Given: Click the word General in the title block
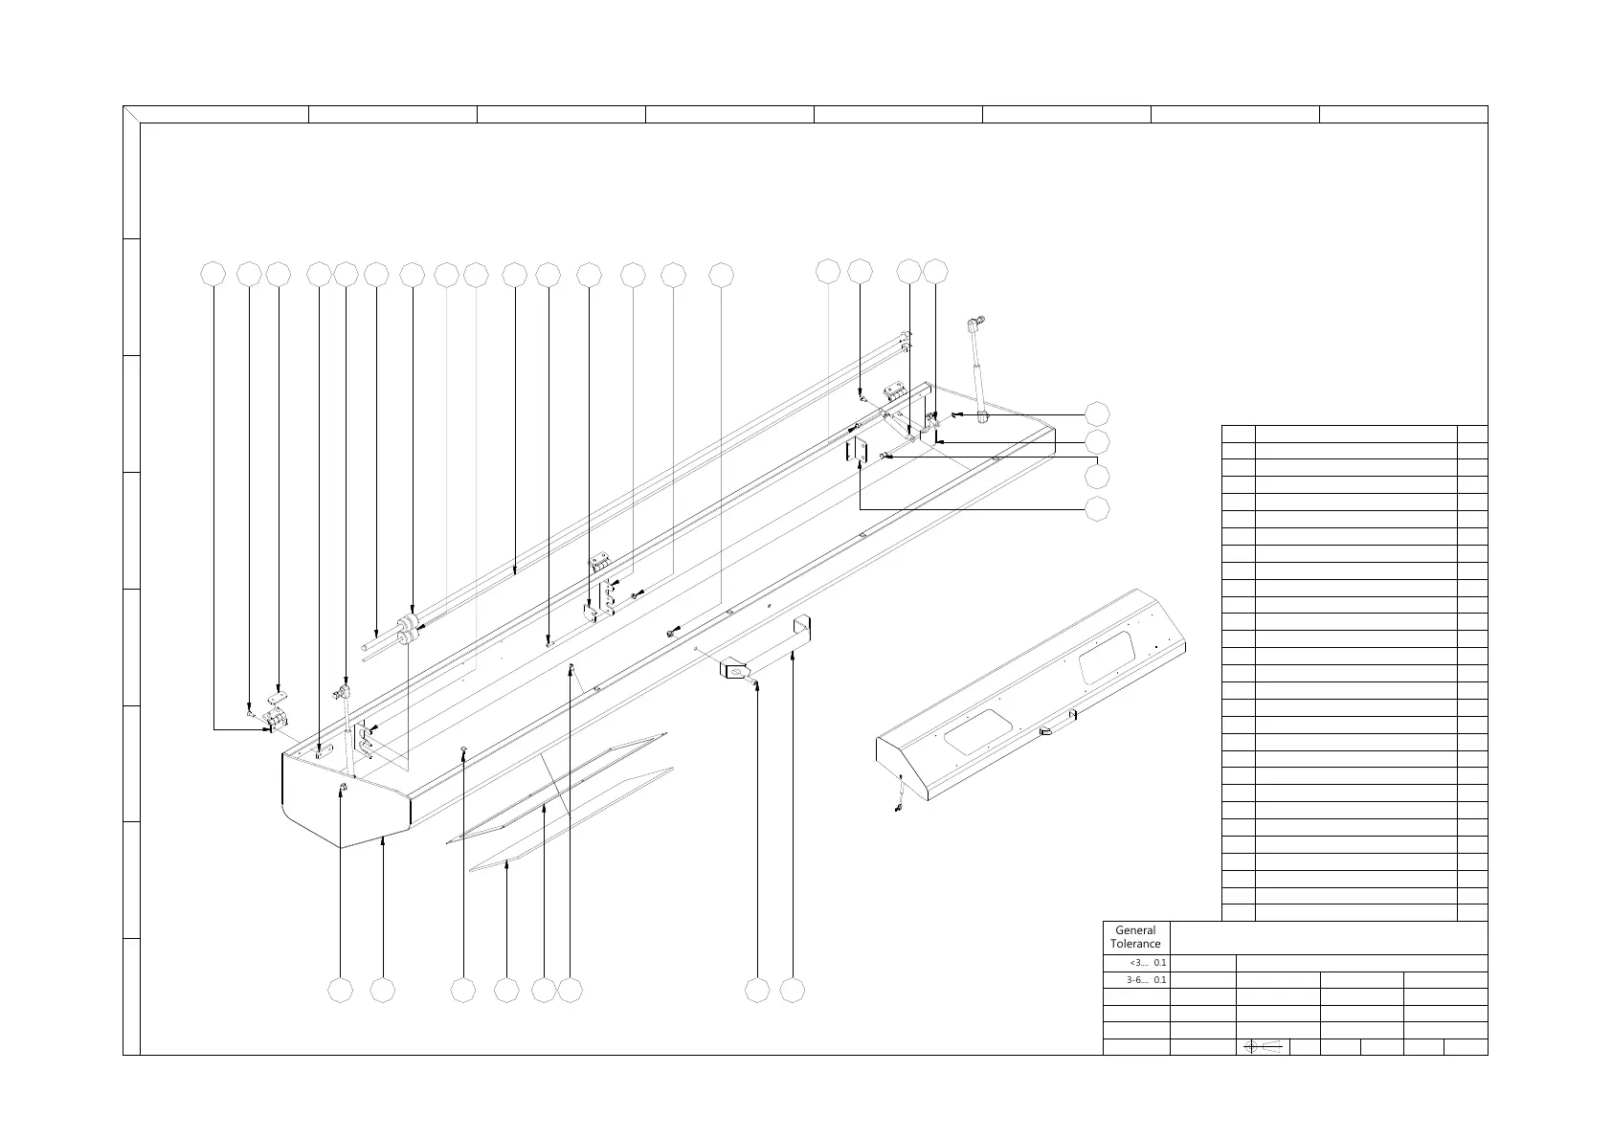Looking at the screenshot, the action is [1135, 929].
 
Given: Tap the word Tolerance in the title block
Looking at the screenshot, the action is [1135, 944].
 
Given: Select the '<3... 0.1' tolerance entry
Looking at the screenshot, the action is [1147, 963].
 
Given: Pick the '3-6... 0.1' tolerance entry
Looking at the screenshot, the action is [1146, 980].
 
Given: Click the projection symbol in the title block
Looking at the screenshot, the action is [1262, 1047].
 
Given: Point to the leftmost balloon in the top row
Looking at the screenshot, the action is [213, 274].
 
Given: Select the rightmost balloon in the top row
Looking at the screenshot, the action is [935, 272].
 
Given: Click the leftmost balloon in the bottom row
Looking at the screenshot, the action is [340, 991].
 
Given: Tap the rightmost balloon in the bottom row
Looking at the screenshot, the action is [792, 991].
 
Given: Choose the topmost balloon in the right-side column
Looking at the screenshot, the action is [1097, 413].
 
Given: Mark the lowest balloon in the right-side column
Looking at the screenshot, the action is [1097, 509].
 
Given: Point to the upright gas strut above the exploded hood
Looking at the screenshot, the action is [978, 368].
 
